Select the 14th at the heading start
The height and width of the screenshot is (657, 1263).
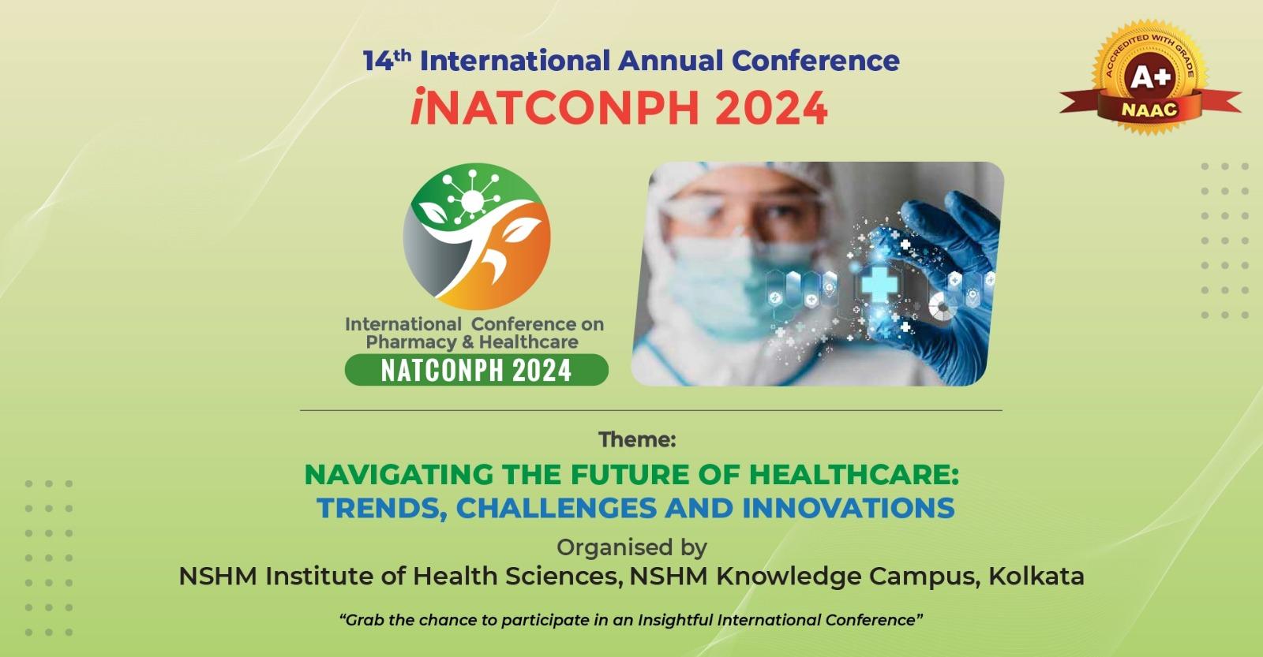387,60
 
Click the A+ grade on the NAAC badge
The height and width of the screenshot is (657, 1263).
1150,78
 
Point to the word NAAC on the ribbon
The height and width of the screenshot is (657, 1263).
1149,110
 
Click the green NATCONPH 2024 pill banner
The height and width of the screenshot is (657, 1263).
477,370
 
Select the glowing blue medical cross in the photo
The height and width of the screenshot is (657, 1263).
879,284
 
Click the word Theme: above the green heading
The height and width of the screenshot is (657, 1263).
637,439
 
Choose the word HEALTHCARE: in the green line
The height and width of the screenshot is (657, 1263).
853,475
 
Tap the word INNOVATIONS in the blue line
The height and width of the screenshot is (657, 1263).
849,508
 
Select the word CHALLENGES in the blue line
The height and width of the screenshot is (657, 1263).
556,508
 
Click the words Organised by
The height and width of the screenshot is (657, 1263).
632,547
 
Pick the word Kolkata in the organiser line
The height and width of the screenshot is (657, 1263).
1036,576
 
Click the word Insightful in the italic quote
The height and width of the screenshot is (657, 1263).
676,620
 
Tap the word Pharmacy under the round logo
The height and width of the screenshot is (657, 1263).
411,342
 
